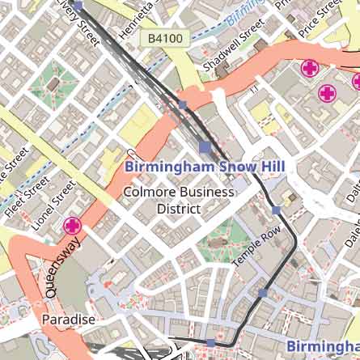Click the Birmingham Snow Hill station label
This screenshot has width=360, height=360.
coord(204,167)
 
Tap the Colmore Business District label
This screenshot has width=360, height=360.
coord(177,201)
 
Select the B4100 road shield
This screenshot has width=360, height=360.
coord(165,38)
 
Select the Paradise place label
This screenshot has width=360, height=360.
coord(69,320)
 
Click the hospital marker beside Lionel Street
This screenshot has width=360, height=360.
coord(73,226)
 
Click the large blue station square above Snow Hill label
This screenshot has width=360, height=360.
coord(205,147)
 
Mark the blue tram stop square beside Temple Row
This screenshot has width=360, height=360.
coord(277,210)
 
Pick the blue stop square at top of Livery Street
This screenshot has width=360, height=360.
coord(78,5)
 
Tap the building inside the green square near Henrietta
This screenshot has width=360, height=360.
coord(53,83)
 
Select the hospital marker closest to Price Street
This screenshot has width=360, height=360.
coord(309,69)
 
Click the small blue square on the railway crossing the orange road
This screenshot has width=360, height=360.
coord(183,105)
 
